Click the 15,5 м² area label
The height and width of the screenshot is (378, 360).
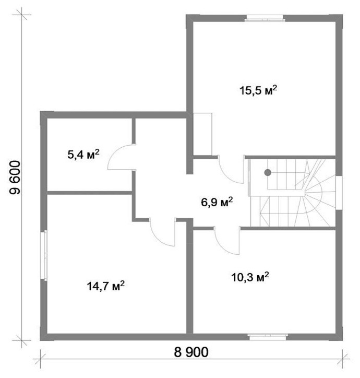coord(258,91)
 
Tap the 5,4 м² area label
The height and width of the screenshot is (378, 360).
coord(83,155)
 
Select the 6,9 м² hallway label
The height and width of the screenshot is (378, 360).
coord(217,202)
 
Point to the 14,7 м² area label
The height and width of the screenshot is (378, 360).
coord(105,286)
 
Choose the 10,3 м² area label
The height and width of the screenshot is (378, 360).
coord(250,277)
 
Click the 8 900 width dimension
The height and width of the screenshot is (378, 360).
coord(191,352)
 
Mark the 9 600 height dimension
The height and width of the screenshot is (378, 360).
coord(15,178)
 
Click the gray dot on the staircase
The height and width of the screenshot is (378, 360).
coord(268,172)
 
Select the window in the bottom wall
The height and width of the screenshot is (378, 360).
coord(268,337)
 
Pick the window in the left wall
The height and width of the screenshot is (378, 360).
coord(44,255)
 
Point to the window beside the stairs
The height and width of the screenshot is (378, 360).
coord(339,192)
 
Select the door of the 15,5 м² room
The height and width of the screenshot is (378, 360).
coord(231,170)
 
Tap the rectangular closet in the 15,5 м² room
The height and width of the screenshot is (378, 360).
coord(202,134)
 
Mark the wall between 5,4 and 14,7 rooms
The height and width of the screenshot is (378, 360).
coord(89,193)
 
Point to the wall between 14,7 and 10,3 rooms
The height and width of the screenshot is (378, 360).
coord(189,277)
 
